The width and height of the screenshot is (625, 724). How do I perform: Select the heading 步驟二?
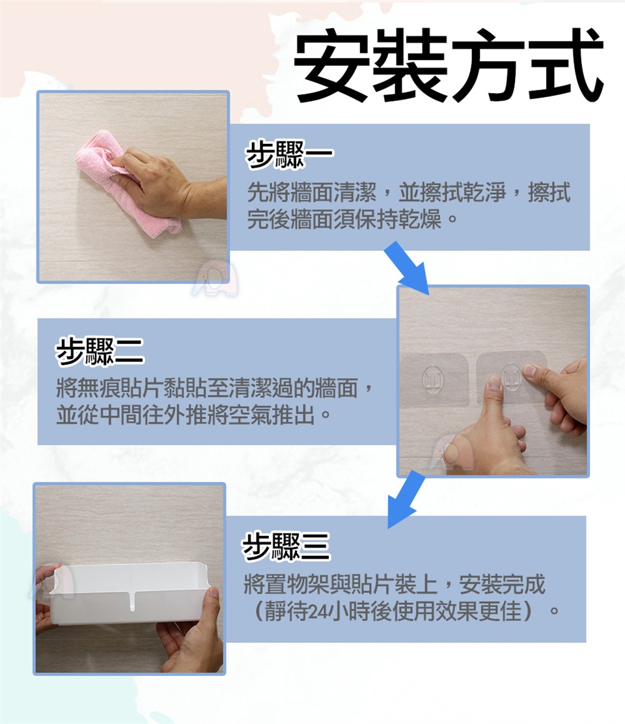[99, 352]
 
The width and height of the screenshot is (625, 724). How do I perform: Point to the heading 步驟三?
[286, 546]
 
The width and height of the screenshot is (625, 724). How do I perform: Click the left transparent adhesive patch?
[434, 380]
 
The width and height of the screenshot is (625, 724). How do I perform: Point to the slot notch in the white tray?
[133, 600]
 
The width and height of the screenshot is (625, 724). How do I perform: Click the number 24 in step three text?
[316, 612]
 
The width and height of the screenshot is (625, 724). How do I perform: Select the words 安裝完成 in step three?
[502, 585]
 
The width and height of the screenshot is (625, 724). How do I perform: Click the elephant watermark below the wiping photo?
[215, 278]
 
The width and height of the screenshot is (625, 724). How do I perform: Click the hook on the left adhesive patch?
[433, 379]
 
